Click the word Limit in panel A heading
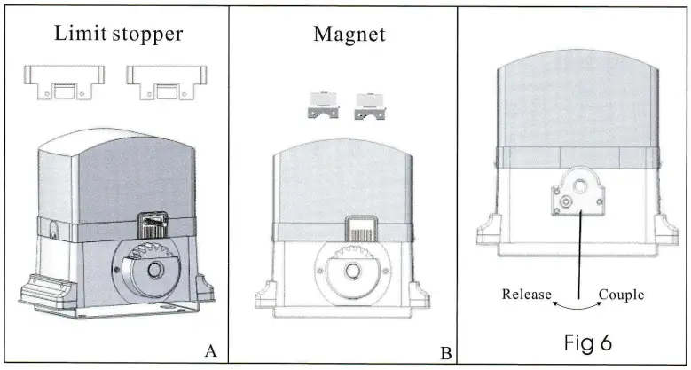76,34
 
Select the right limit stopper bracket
161,83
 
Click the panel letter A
210,350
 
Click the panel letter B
446,353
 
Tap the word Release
527,295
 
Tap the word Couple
620,295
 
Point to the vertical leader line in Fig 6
579,257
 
